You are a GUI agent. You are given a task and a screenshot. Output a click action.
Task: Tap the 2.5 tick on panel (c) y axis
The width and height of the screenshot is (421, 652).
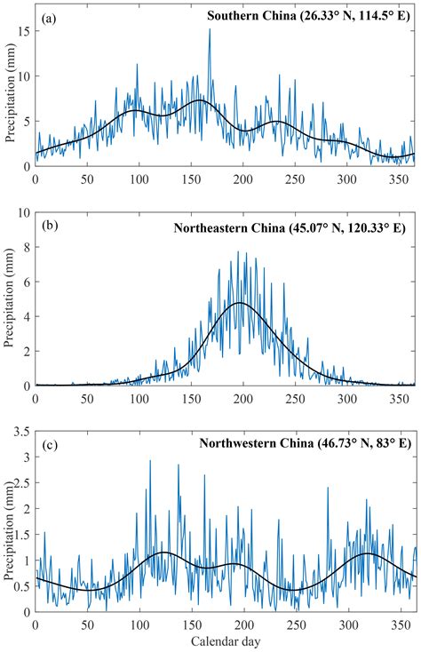(22, 485)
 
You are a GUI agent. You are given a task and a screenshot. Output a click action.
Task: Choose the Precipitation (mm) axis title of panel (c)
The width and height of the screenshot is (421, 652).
(10, 518)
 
